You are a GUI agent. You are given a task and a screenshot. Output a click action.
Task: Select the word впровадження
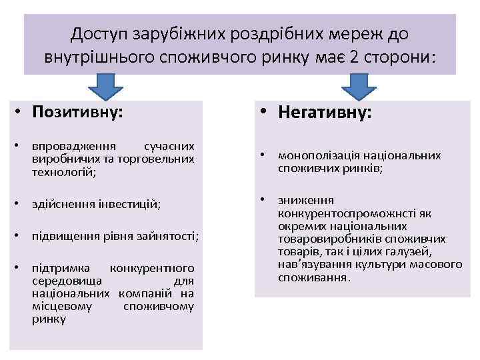pyautogui.click(x=74, y=145)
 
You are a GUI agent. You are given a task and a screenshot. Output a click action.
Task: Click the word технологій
pyautogui.click(x=63, y=171)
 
